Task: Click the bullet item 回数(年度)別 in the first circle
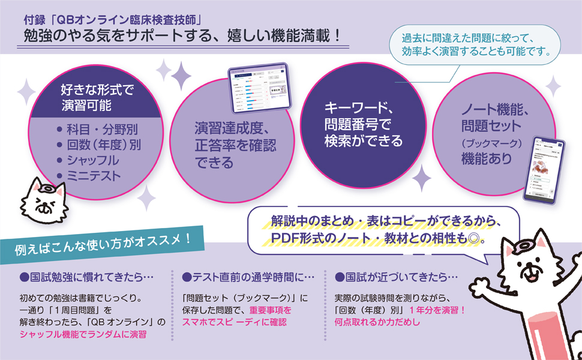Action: coord(102,145)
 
